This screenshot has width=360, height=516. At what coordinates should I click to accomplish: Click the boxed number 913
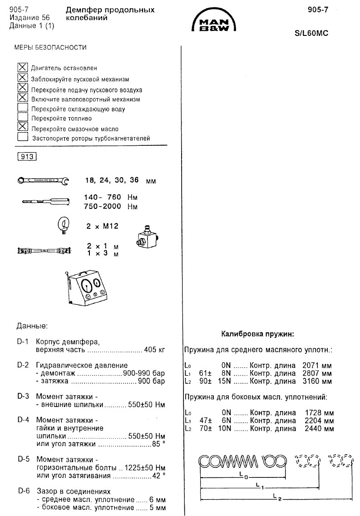[26, 157]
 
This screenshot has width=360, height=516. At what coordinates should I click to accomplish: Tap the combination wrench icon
[43, 181]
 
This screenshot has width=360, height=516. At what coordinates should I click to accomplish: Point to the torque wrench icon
[44, 201]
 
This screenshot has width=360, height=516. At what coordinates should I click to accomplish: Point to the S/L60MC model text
[311, 34]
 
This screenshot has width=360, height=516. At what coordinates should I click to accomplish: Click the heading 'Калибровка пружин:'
[258, 334]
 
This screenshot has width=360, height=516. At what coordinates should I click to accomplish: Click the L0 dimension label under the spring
[243, 476]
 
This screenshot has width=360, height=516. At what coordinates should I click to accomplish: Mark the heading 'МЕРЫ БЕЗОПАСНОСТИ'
[50, 47]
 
